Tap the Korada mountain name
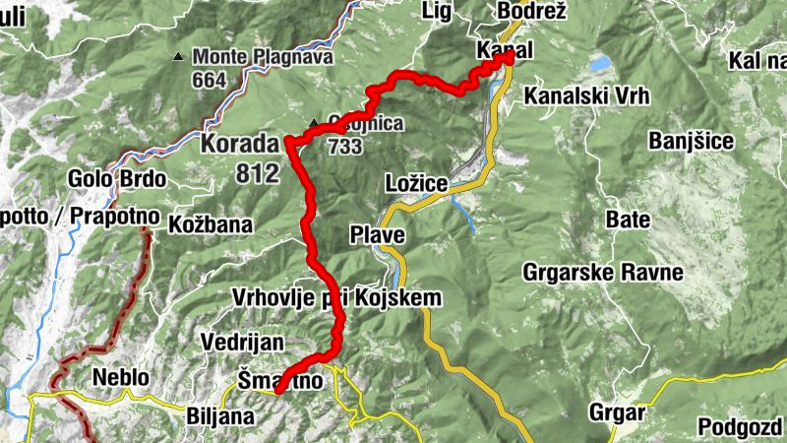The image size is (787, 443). [240, 144]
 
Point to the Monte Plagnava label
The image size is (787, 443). [263, 57]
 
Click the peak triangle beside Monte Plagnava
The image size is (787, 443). [178, 57]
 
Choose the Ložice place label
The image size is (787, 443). [417, 183]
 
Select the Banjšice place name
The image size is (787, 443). [691, 141]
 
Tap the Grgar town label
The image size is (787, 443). [617, 411]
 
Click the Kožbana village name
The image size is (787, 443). [211, 222]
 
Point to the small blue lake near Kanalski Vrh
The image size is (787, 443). [599, 63]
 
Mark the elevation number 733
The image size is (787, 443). [345, 146]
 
